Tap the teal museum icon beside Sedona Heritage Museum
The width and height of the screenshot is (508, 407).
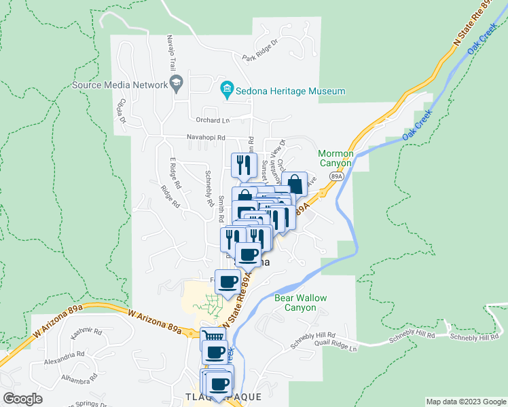[x=226, y=90]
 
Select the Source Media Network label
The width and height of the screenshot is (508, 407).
[x=120, y=85]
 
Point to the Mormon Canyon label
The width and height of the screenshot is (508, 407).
[x=335, y=158]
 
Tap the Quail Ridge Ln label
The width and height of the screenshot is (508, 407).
[x=335, y=348]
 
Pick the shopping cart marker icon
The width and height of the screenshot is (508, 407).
[x=213, y=336]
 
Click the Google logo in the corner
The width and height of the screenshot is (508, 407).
[x=22, y=399]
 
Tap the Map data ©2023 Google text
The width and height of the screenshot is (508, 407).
[x=465, y=402]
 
